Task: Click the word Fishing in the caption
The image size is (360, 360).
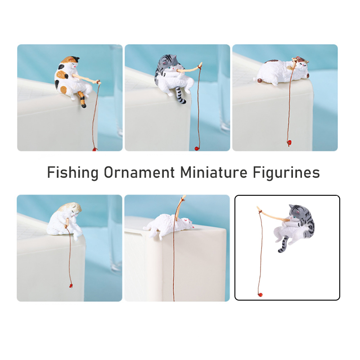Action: [x=73, y=172]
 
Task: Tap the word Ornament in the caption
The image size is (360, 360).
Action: [x=139, y=172]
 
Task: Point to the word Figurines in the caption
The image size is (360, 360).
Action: [x=286, y=172]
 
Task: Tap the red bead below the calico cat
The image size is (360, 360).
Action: [x=94, y=149]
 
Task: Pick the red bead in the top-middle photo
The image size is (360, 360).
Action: [x=197, y=148]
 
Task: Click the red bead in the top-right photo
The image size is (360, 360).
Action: [x=289, y=142]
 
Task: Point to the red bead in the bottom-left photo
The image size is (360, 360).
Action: [x=71, y=286]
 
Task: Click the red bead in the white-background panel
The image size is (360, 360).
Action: [x=260, y=295]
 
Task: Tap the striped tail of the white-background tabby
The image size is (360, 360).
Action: [x=283, y=244]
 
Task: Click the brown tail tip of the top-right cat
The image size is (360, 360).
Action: [x=260, y=81]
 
